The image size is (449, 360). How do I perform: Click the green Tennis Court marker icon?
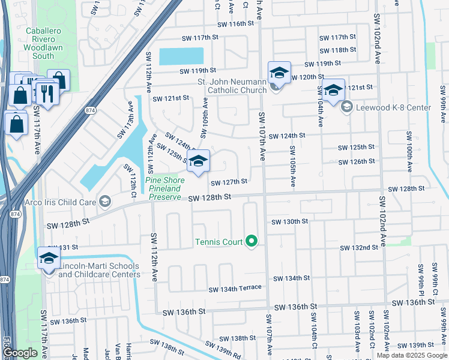click(x=252, y=242)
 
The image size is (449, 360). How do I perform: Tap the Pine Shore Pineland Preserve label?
click(x=165, y=188)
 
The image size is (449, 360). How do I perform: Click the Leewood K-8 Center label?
click(x=393, y=108)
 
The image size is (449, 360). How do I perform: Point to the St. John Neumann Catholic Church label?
click(x=232, y=86)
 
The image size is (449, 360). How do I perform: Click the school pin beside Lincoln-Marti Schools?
click(x=49, y=259)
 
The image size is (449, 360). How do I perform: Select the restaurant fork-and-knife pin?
click(x=46, y=92)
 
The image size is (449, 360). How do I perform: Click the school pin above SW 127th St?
click(x=198, y=161)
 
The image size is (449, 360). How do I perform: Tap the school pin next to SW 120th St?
click(x=279, y=73)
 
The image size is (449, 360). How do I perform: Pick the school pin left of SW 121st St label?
click(x=333, y=91)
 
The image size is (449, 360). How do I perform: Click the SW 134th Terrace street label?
click(x=235, y=289)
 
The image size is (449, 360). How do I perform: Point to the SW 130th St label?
click(x=289, y=221)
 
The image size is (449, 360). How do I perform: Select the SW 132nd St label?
click(x=358, y=247)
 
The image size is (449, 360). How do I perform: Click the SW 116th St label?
click(x=236, y=24)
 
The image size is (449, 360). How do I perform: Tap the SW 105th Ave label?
click(x=292, y=167)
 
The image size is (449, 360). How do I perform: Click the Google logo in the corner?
click(x=20, y=353)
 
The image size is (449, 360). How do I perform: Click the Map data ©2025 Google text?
click(x=412, y=355)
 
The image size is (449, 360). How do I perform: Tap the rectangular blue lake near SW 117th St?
click(x=181, y=56)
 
